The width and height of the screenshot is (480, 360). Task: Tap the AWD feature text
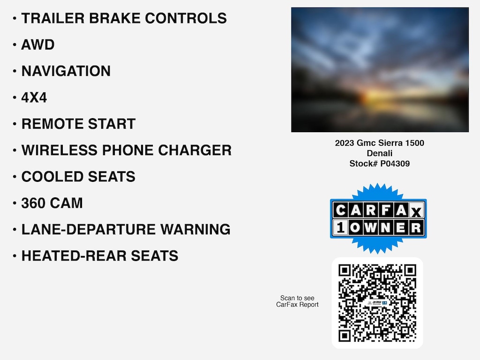37,45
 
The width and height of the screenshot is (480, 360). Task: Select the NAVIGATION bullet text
66,71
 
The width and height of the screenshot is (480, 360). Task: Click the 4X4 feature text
34,97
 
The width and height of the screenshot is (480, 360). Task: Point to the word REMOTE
52,124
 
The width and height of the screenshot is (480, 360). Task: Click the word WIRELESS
59,150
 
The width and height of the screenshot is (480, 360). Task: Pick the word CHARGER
195,150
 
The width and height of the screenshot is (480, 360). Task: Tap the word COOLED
52,177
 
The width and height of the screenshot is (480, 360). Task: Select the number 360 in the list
33,203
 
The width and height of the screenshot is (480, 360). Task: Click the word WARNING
195,229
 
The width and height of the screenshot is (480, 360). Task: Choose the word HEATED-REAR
74,256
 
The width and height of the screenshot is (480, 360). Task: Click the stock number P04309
395,164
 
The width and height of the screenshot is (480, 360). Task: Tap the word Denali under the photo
380,153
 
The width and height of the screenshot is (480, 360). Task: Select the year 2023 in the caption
345,143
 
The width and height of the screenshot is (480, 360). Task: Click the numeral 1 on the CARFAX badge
340,227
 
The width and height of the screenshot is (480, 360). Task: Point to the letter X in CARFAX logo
416,211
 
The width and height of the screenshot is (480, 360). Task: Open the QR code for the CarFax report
377,303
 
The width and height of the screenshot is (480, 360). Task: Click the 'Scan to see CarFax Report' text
297,301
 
